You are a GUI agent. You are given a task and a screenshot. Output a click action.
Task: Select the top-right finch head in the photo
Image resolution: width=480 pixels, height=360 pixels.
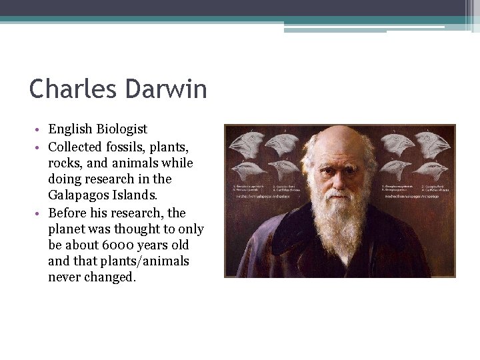click(x=434, y=141)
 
